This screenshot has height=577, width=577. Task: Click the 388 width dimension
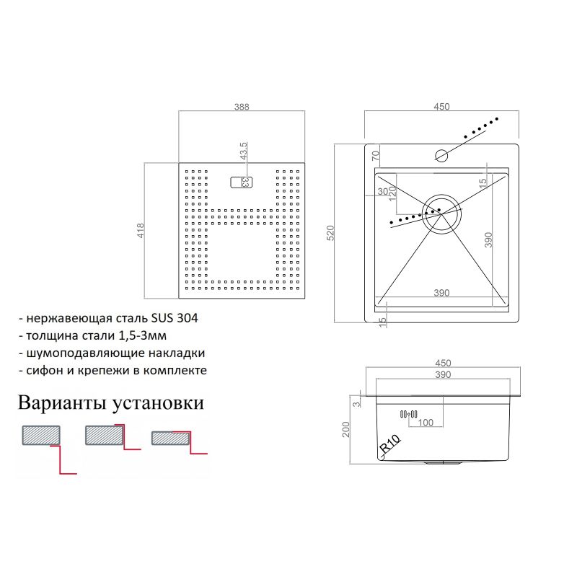coord(242,107)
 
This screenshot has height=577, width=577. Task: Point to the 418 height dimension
coord(141,231)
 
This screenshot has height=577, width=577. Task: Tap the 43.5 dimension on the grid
coord(244,151)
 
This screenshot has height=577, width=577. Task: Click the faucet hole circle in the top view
coord(441,154)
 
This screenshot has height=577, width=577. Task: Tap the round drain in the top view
coord(441,213)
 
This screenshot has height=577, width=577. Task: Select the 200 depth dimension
coord(346,430)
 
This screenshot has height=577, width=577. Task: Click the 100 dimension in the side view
coord(426,423)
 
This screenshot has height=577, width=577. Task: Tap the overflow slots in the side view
coord(408,413)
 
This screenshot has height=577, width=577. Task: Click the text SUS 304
coord(175,317)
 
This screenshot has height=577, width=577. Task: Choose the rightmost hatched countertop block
coord(170,438)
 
